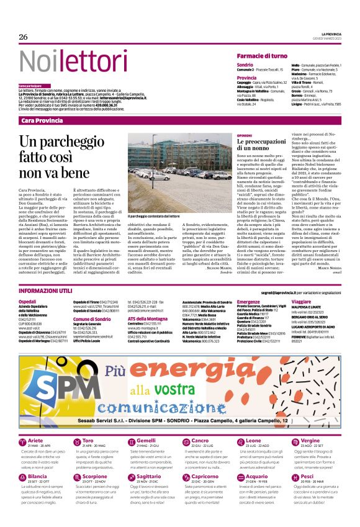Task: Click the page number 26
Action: [24, 38]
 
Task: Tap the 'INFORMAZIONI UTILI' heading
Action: [46, 291]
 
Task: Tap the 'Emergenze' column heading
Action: [248, 300]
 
